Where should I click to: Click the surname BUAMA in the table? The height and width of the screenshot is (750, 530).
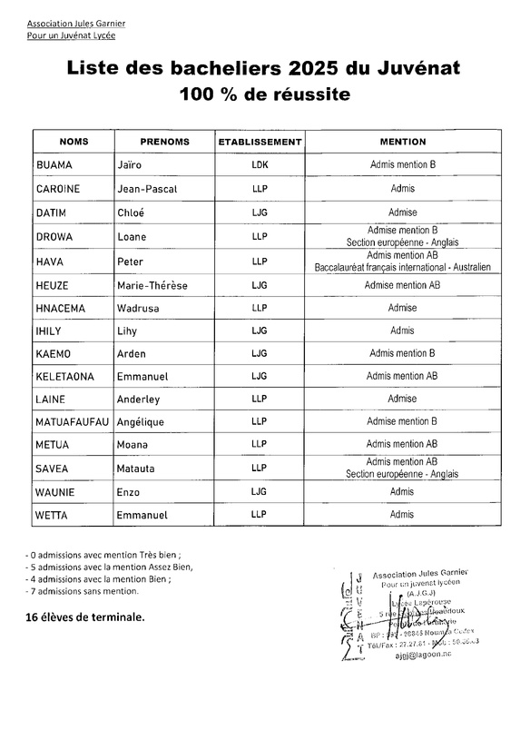click(53, 165)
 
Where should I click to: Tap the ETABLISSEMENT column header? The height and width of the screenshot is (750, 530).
click(260, 142)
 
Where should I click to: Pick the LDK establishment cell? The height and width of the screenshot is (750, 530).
click(260, 165)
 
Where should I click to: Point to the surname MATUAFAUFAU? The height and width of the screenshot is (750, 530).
click(72, 421)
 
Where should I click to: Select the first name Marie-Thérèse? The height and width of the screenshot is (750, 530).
click(152, 285)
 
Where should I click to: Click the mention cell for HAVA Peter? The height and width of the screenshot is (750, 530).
click(402, 262)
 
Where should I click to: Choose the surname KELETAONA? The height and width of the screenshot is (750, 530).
click(66, 375)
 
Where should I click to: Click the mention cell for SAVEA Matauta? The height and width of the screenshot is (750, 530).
click(402, 469)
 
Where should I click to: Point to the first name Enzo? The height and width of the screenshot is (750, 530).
click(131, 491)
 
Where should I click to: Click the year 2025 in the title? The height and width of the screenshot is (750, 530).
click(318, 68)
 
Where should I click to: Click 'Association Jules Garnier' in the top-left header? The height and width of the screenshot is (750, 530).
click(76, 22)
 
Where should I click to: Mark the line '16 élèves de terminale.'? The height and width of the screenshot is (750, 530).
click(84, 617)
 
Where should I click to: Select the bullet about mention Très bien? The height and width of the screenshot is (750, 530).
click(103, 553)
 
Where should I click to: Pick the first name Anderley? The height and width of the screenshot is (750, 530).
click(138, 399)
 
